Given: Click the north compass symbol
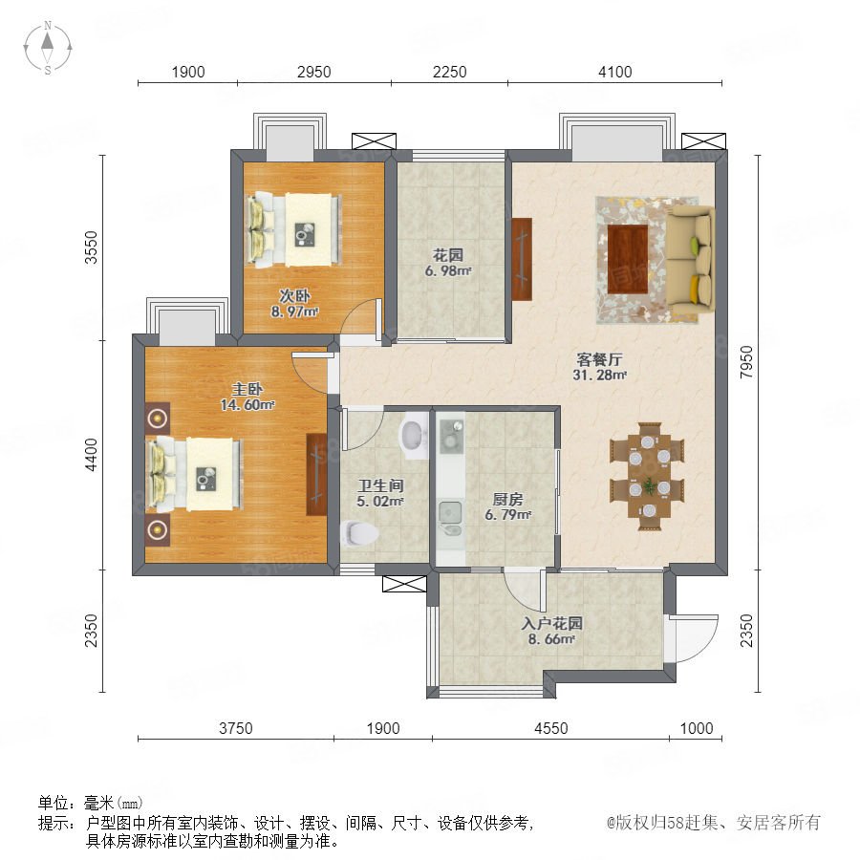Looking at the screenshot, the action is point(48,48).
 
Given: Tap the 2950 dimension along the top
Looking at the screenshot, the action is point(313,72).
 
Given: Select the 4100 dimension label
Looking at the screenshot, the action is point(614,72).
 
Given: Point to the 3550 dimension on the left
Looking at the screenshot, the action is point(91,247).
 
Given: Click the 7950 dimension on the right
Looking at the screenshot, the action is point(746,362).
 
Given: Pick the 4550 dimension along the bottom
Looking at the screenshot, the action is point(551,728).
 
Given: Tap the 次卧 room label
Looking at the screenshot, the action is point(295,296).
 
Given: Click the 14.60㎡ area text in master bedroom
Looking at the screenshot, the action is point(247,405).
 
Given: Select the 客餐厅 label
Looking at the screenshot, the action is point(599,360).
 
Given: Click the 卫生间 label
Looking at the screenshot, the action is point(380,485).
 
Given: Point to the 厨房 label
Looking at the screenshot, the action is point(508,500).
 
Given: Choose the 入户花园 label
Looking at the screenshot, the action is point(551,624).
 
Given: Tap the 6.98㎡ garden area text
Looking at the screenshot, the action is point(448,270).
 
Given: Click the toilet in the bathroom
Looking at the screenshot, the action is point(359,533).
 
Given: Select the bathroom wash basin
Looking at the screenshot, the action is point(415,436).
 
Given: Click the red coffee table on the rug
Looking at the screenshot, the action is point(628,260).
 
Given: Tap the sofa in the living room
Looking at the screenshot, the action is point(690,258).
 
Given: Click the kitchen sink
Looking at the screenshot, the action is point(450,513).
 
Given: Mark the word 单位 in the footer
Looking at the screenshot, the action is point(54,804).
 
